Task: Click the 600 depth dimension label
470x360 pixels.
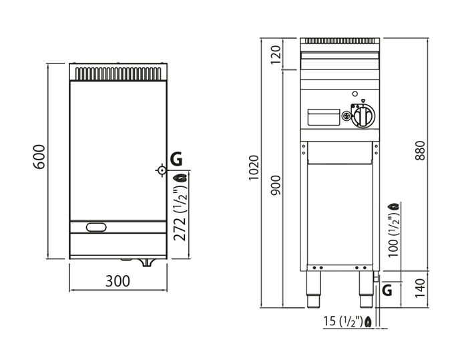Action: point(39,156)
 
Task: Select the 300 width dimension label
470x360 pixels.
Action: point(117,281)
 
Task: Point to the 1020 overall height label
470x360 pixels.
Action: point(254,168)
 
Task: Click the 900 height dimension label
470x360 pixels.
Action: point(276,185)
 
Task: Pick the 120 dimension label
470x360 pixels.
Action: point(276,54)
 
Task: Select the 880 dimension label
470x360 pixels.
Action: point(420,150)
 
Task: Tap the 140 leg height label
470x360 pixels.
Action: point(420,288)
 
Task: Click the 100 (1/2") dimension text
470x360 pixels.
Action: point(394,236)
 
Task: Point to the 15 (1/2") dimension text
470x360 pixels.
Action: point(344,321)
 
